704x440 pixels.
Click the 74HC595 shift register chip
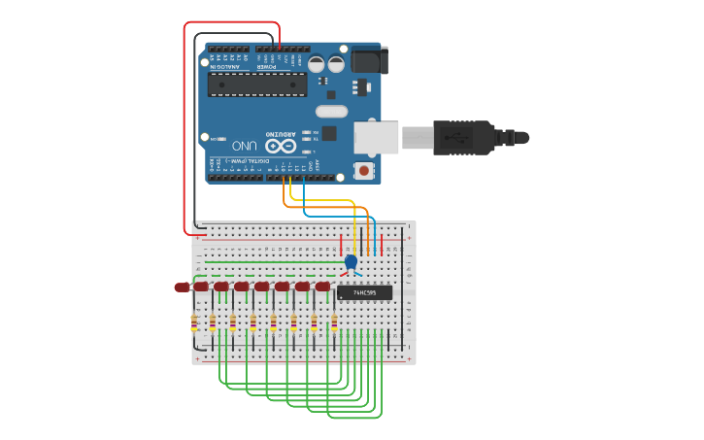coord(365,292)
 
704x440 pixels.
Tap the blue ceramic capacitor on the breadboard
coord(351,261)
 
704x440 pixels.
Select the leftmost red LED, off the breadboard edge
coord(182,287)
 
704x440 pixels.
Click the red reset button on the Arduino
coord(364,171)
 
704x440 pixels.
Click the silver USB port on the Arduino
coord(376,137)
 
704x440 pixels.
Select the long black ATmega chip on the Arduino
coord(257,85)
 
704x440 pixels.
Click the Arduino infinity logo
coord(280,146)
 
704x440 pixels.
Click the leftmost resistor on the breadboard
coord(193,322)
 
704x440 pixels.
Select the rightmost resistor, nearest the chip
coord(334,322)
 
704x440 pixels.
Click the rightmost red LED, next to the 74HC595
coord(322,287)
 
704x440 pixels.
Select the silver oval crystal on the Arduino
coord(331,111)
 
